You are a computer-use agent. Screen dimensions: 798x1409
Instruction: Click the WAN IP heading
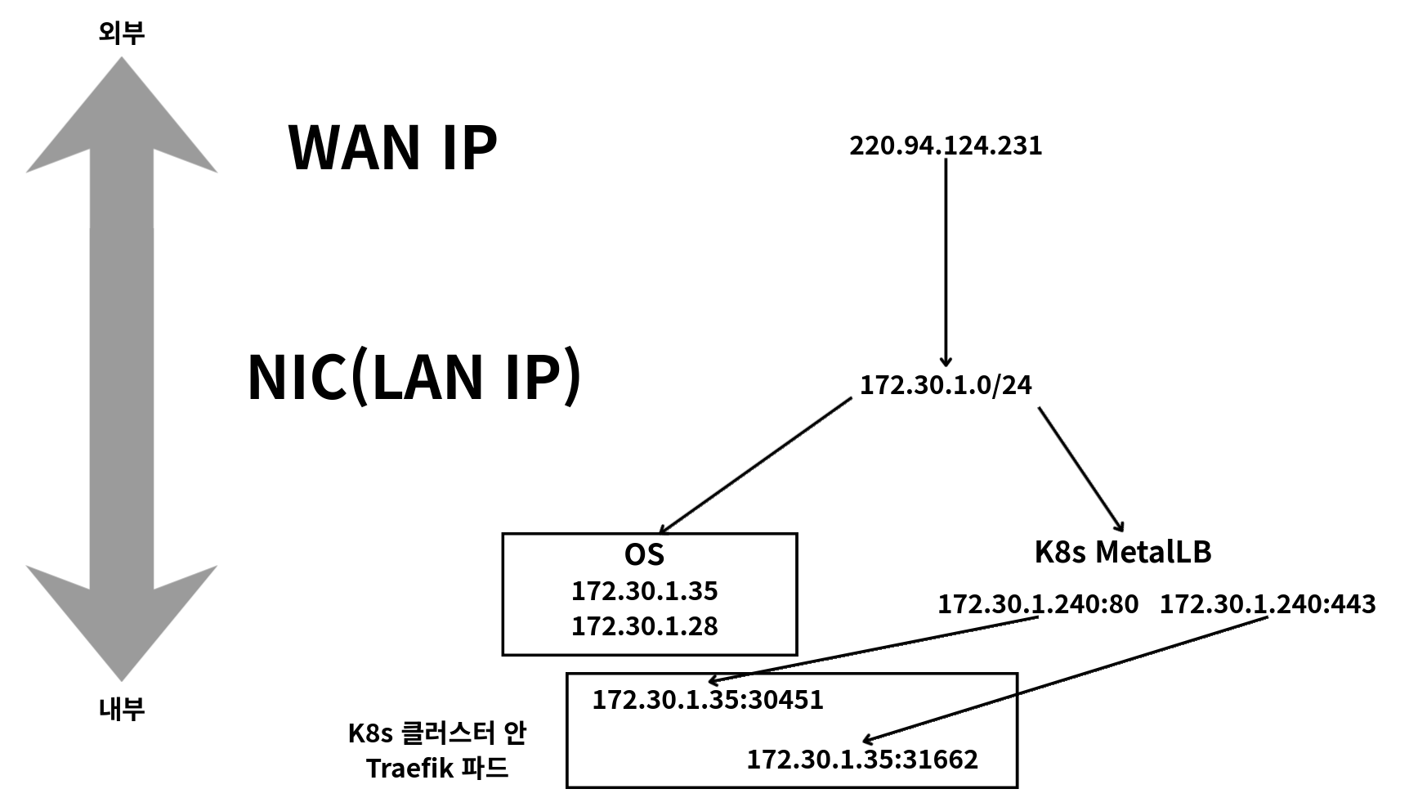(392, 148)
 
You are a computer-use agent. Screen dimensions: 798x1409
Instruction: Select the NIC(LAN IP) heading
(414, 377)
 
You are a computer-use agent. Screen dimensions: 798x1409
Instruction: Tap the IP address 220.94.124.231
(946, 146)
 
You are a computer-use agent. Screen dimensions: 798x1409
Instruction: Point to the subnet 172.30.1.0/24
(946, 384)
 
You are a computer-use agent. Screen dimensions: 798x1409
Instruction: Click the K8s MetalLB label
(1122, 552)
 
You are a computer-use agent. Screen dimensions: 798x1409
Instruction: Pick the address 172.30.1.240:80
(1037, 604)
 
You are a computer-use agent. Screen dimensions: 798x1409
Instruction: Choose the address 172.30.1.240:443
(1267, 604)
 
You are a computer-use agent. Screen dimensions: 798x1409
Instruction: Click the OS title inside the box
(644, 555)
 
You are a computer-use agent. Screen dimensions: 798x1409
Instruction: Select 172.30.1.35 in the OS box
(644, 590)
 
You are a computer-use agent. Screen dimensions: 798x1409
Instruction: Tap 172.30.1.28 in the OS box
(644, 626)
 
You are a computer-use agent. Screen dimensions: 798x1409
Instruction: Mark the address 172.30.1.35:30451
(708, 700)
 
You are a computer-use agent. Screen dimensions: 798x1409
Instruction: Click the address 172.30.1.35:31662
(862, 760)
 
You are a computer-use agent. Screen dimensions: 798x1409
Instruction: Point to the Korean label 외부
(122, 33)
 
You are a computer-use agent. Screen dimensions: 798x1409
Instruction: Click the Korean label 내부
(122, 708)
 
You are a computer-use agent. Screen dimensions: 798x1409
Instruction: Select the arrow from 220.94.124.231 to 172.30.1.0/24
(946, 262)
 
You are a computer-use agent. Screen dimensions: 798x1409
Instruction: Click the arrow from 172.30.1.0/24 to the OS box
(756, 466)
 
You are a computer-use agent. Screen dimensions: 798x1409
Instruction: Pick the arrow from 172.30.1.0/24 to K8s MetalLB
(1081, 468)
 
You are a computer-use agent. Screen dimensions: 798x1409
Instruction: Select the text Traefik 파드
(437, 769)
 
